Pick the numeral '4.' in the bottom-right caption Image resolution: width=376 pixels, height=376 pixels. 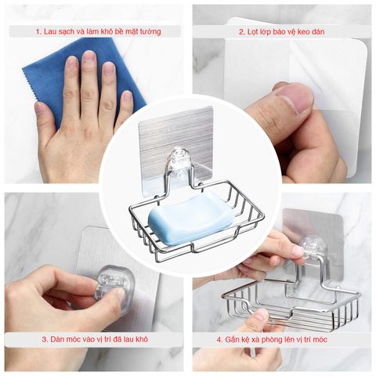tap(218, 340)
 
